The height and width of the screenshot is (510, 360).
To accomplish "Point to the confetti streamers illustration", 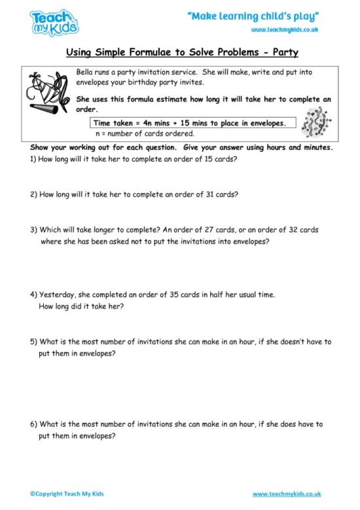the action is (314, 122).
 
